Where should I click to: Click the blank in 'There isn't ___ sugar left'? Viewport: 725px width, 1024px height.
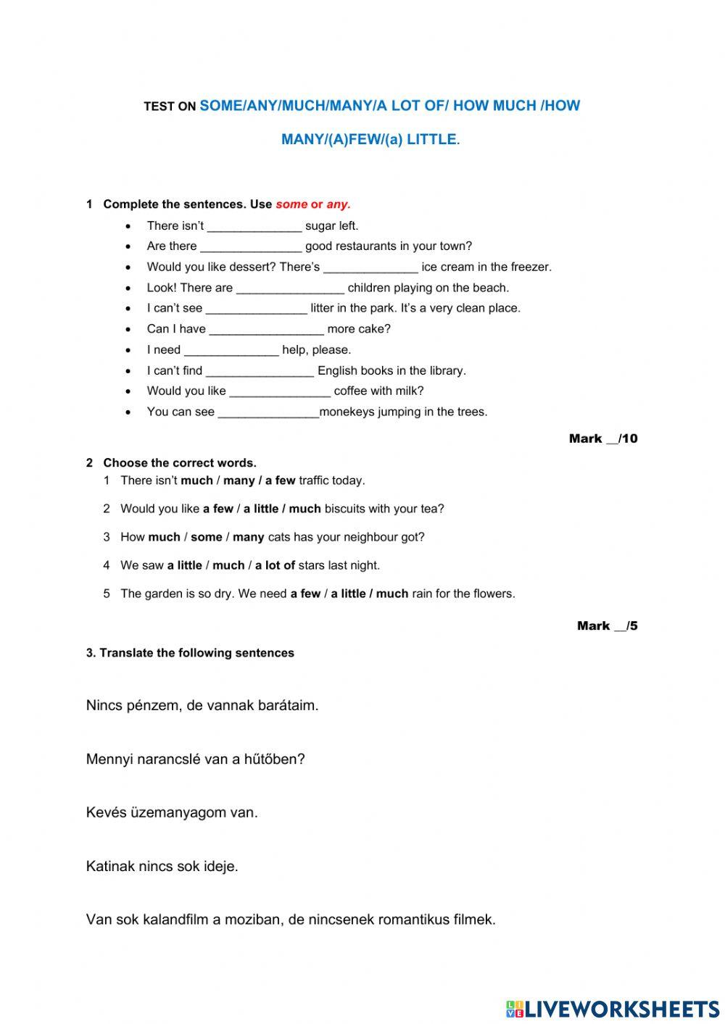[x=254, y=226]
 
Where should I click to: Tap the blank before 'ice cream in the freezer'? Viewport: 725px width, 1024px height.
[x=370, y=267]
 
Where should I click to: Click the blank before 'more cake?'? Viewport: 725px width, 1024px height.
[x=266, y=330]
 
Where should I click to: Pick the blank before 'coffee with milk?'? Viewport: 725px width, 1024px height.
[x=280, y=391]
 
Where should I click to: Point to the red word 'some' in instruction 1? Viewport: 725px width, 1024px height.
[x=291, y=204]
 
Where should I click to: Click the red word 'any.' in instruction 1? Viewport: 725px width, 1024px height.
[x=339, y=204]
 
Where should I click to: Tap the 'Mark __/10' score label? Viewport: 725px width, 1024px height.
[x=603, y=438]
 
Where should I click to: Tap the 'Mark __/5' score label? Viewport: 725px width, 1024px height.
[x=607, y=625]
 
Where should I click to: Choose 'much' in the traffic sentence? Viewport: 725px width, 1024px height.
[x=196, y=480]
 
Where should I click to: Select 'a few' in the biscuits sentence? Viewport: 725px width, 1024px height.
[x=218, y=509]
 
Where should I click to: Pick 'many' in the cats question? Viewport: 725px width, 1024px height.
[x=248, y=537]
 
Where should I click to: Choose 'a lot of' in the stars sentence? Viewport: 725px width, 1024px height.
[x=275, y=565]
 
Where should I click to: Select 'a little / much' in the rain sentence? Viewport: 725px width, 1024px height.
[x=370, y=594]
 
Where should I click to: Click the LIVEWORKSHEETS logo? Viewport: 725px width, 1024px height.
[x=613, y=1008]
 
